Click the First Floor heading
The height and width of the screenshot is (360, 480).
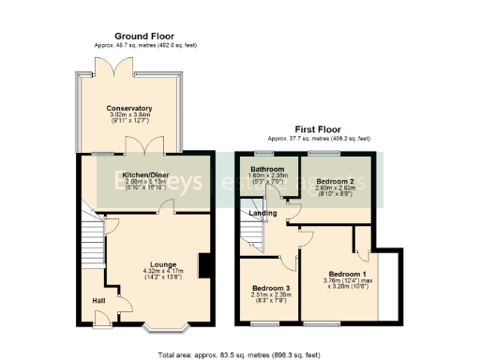point(319,129)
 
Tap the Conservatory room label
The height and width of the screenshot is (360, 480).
point(129,108)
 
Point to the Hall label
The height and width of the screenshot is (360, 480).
point(98,301)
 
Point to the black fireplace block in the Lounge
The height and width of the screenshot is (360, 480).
point(202,266)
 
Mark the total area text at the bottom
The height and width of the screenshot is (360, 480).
point(240,354)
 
